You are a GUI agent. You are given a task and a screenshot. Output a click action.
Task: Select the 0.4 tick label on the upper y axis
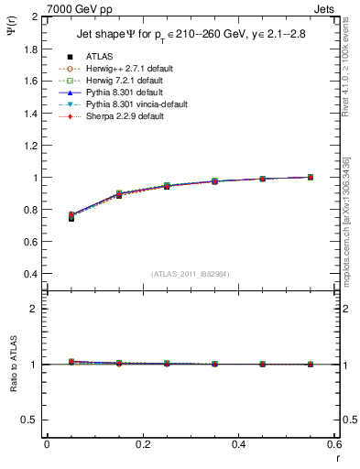[31, 274]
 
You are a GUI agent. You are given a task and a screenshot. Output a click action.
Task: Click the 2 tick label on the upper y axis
[36, 16]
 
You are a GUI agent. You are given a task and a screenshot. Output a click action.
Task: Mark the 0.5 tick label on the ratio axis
[31, 420]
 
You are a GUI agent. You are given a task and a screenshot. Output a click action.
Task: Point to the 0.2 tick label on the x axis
[142, 444]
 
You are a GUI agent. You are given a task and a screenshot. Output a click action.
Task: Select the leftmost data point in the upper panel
[71, 217]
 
